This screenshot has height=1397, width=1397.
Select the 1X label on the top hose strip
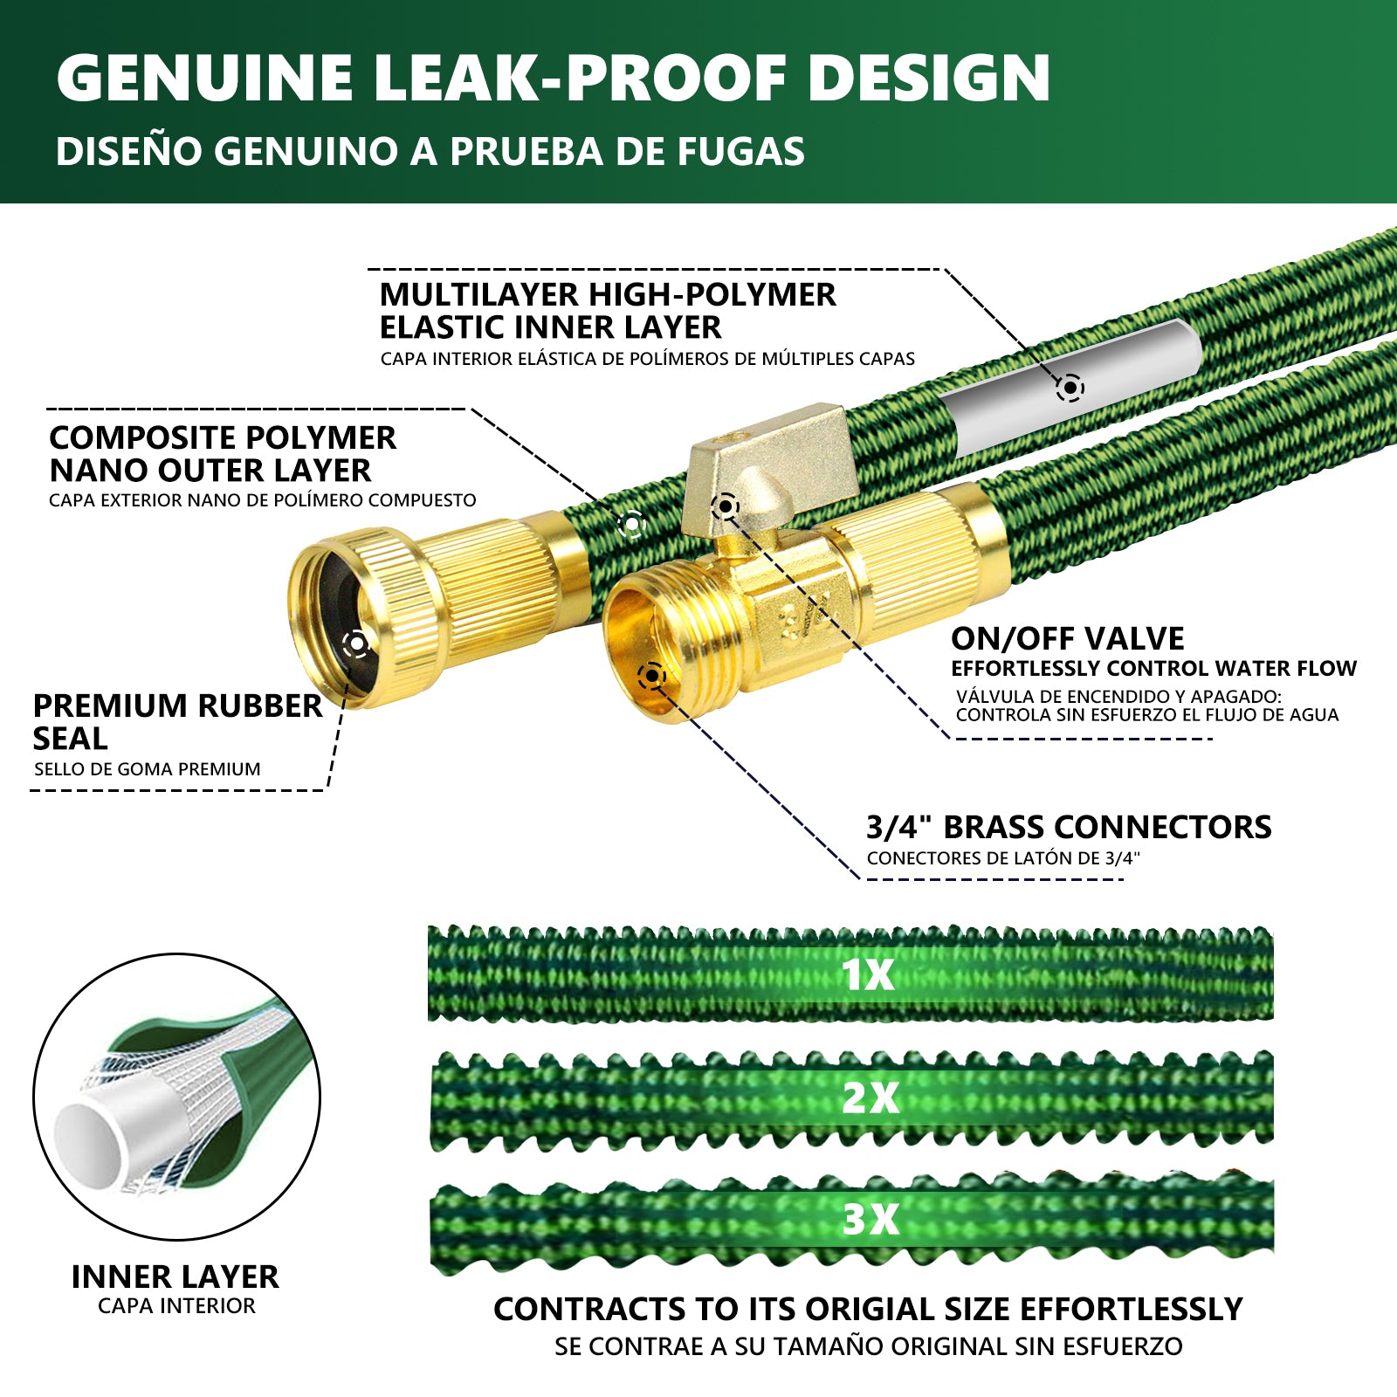(x=868, y=974)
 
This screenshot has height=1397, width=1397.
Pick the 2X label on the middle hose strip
(x=870, y=1098)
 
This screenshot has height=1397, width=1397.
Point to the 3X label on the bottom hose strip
(x=870, y=1219)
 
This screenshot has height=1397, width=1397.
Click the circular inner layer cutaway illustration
(x=176, y=1096)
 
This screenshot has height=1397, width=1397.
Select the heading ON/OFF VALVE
(x=1067, y=638)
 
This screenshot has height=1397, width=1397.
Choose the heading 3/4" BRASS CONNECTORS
(x=1069, y=827)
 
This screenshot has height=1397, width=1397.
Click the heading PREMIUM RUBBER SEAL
(x=177, y=721)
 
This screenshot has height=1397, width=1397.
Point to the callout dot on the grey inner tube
(x=1070, y=387)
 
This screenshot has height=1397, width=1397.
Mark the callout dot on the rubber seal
(x=355, y=644)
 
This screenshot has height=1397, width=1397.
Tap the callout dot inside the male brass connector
(x=651, y=675)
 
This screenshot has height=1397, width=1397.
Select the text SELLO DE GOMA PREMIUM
(x=147, y=769)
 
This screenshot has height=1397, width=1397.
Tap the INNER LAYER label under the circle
(x=175, y=1277)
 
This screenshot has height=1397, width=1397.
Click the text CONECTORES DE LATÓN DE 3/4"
(x=1003, y=858)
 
